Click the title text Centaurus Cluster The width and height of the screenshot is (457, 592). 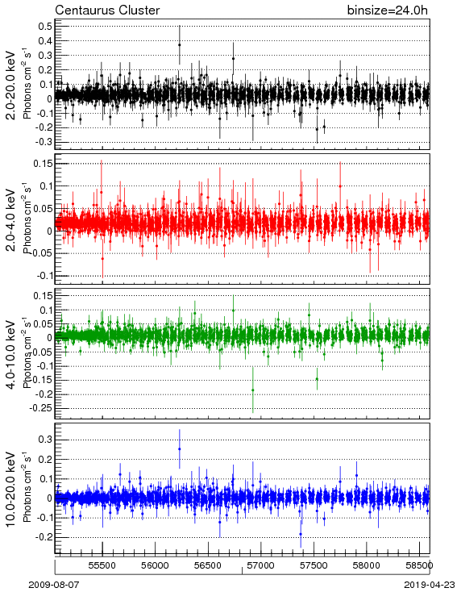(x=107, y=10)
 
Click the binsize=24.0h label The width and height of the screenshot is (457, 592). (x=388, y=10)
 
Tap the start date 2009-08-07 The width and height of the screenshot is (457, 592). (x=54, y=585)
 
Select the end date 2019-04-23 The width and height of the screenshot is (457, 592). (x=430, y=585)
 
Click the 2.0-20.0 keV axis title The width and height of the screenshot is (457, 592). (x=11, y=85)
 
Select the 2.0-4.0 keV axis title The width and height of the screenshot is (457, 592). (x=11, y=219)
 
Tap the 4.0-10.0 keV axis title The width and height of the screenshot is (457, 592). (x=11, y=354)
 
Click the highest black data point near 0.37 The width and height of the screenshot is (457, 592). (x=179, y=44)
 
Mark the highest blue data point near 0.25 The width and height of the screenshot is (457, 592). (x=179, y=449)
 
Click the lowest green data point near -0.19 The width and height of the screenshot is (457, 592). (x=253, y=390)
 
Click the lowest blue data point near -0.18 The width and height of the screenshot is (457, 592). (x=301, y=534)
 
